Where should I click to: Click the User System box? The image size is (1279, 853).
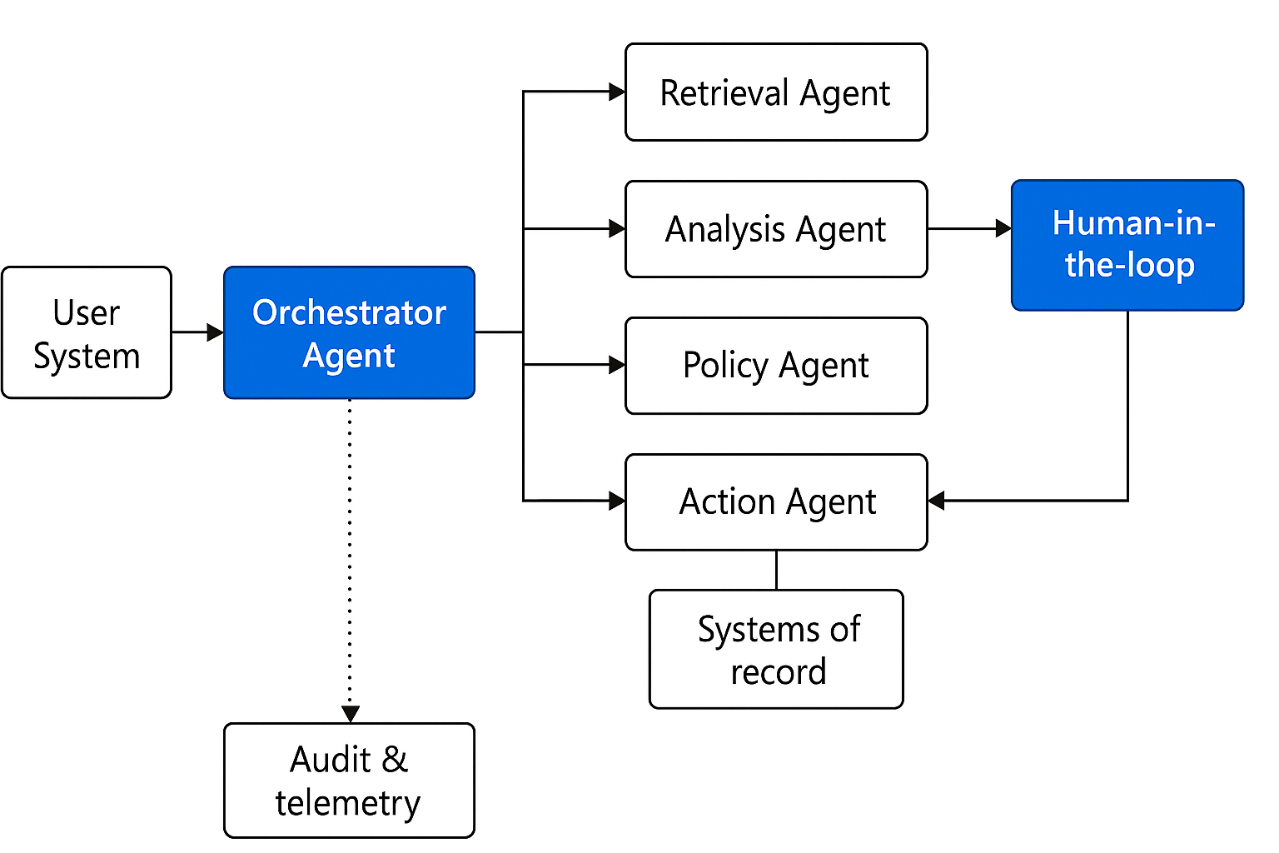(87, 332)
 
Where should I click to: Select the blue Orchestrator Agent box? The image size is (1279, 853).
(349, 332)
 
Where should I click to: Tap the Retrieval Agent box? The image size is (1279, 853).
(775, 92)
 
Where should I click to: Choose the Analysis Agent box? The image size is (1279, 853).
(775, 229)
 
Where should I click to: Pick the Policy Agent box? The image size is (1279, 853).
(775, 366)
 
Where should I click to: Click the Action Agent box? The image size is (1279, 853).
(775, 501)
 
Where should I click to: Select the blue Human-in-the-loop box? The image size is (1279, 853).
(1127, 245)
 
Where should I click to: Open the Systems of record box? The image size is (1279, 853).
(775, 649)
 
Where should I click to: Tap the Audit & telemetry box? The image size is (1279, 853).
(349, 781)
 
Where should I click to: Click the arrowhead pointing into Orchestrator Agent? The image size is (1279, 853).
(216, 332)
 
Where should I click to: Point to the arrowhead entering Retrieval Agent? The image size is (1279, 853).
(617, 92)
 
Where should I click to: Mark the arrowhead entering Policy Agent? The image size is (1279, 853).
(617, 365)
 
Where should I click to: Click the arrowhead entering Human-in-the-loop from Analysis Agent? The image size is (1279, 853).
(1003, 228)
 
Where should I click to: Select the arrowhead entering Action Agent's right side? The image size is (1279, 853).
(937, 501)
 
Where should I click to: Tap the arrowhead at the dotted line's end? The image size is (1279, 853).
(351, 714)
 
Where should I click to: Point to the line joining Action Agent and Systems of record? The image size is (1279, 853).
(776, 570)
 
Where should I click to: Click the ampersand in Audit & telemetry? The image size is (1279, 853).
(395, 760)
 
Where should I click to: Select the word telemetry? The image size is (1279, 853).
(348, 803)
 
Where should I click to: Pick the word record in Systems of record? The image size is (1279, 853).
(779, 671)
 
